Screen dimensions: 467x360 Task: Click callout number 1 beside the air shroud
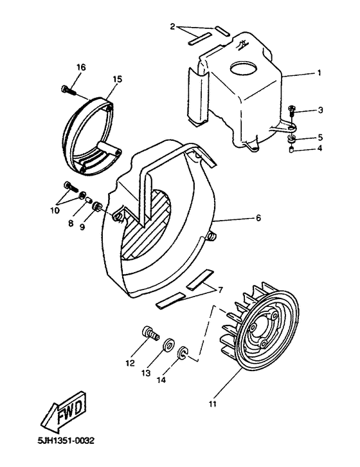click(x=319, y=73)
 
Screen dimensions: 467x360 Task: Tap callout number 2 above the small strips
click(x=173, y=26)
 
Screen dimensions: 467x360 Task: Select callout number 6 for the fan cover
click(x=258, y=218)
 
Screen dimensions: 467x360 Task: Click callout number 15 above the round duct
click(x=117, y=78)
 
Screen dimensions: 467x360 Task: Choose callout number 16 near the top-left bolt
click(x=81, y=67)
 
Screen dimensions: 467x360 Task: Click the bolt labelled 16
click(x=67, y=91)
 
